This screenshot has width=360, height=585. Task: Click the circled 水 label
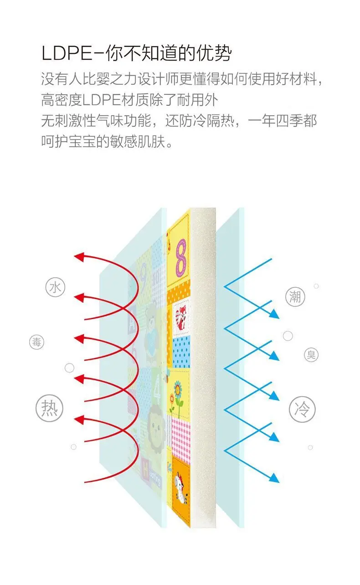click(55, 288)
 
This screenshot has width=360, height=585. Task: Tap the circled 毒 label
click(37, 342)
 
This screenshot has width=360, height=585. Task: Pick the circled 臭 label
click(311, 355)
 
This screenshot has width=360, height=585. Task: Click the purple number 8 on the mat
click(181, 258)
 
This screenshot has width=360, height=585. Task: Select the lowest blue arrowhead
click(274, 477)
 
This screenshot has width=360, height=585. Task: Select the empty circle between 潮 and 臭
click(288, 336)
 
